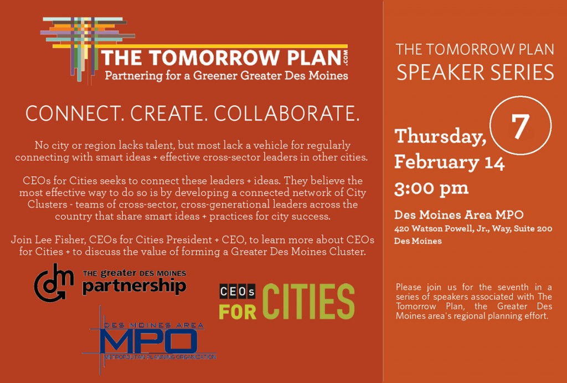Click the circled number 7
520,126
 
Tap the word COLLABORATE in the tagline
287,113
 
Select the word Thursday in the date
440,136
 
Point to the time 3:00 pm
431,188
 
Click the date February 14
450,162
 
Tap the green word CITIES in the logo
308,302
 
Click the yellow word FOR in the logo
238,312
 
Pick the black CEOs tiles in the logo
238,292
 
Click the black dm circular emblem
54,283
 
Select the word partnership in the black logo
134,286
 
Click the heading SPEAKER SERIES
475,73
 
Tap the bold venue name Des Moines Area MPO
459,215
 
